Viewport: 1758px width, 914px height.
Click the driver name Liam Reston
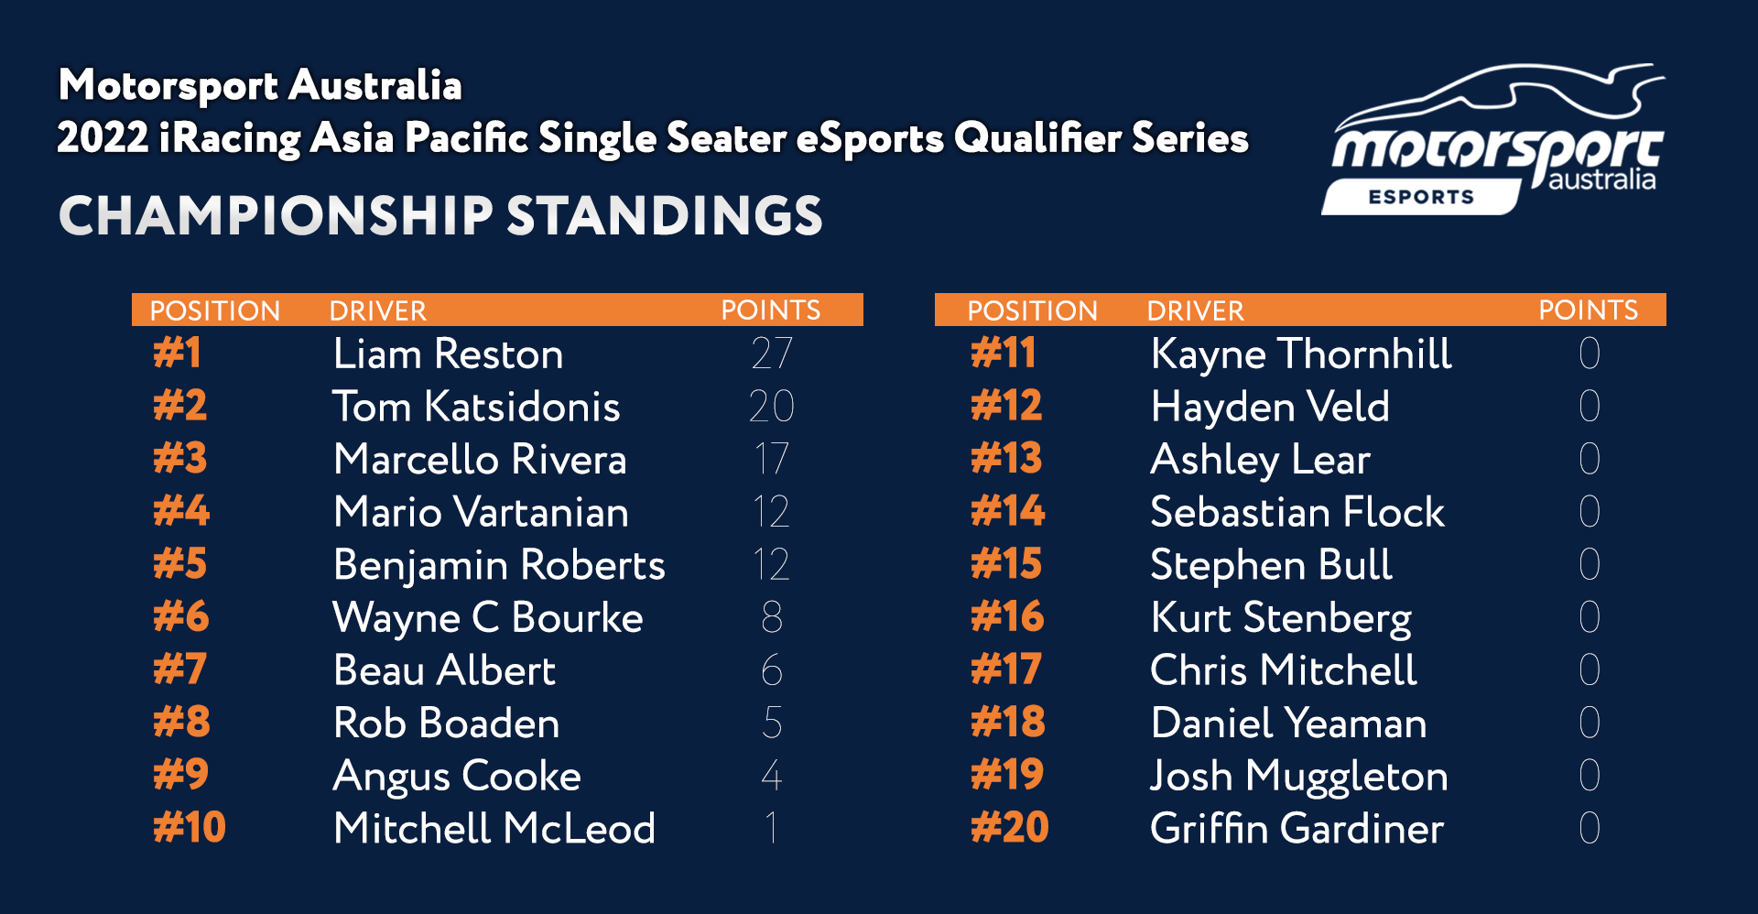coord(448,354)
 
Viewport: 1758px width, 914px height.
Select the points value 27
coord(772,354)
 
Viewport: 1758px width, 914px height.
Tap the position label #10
coord(190,827)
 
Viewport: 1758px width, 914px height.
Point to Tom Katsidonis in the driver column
coord(476,407)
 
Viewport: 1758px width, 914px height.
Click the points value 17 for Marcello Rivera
coord(772,459)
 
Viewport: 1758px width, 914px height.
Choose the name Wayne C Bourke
coord(488,618)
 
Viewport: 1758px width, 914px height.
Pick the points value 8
coord(772,617)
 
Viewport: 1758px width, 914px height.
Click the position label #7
coord(179,669)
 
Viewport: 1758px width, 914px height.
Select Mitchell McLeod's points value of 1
coord(772,828)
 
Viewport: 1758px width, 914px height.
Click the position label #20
coord(1010,827)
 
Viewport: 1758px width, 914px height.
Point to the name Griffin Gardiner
coord(1297,829)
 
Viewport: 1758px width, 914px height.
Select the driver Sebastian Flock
coord(1297,512)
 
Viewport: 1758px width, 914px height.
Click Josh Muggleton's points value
coord(1590,776)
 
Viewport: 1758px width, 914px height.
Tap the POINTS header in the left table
coord(771,310)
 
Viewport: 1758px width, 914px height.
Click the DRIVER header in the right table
coord(1196,311)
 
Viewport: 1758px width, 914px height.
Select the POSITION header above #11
coord(1033,311)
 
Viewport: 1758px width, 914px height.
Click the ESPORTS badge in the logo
coord(1421,197)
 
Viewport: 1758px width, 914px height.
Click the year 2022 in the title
coord(103,138)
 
